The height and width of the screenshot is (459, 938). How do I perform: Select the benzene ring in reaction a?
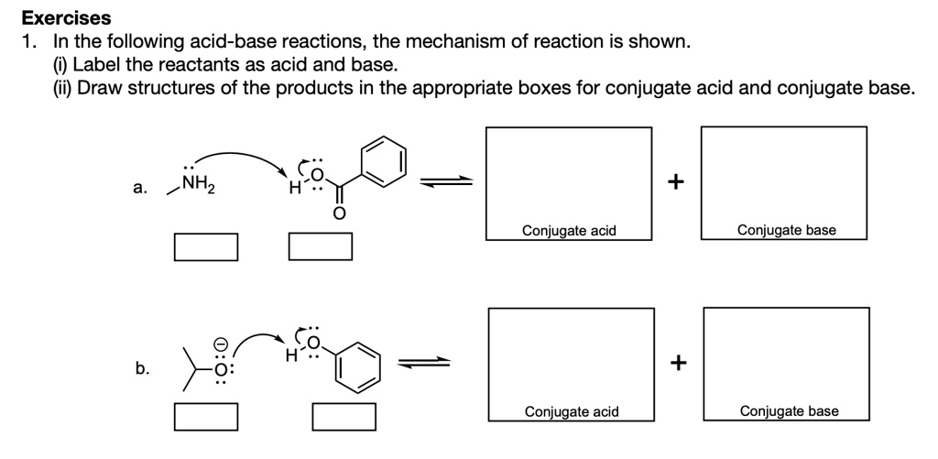pyautogui.click(x=381, y=160)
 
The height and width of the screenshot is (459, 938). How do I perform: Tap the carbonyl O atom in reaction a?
pyautogui.click(x=338, y=214)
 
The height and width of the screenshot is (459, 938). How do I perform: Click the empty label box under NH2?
pyautogui.click(x=206, y=246)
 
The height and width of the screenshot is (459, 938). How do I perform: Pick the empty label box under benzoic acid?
pyautogui.click(x=321, y=246)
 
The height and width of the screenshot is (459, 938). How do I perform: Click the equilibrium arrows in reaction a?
pyautogui.click(x=445, y=182)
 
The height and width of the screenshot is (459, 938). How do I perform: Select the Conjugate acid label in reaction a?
pyautogui.click(x=569, y=230)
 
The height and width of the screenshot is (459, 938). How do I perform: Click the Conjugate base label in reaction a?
pyautogui.click(x=786, y=230)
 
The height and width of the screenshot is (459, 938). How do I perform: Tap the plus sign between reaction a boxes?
pyautogui.click(x=676, y=181)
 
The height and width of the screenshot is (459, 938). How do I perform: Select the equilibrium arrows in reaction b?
pyautogui.click(x=424, y=363)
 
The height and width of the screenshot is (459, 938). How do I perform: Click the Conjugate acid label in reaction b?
pyautogui.click(x=572, y=411)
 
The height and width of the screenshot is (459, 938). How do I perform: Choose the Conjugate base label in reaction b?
pyautogui.click(x=789, y=411)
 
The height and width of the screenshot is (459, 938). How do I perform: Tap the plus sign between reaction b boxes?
pyautogui.click(x=678, y=363)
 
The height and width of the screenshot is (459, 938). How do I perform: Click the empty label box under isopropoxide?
pyautogui.click(x=206, y=417)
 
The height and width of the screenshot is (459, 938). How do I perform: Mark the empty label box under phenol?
pyautogui.click(x=344, y=417)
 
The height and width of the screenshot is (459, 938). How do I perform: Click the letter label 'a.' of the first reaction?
pyautogui.click(x=138, y=189)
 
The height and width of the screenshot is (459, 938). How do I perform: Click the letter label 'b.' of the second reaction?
pyautogui.click(x=141, y=369)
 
